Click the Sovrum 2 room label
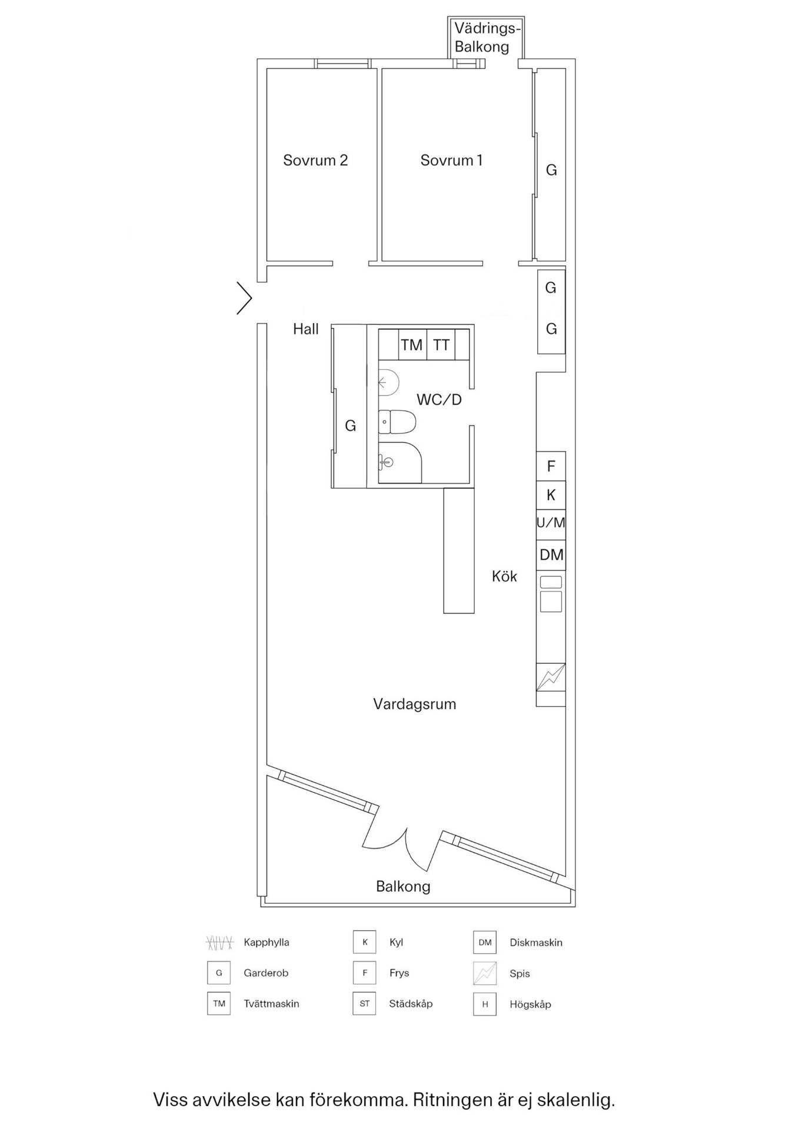tap(315, 160)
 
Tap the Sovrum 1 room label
tap(451, 160)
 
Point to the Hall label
tap(306, 329)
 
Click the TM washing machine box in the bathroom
tap(412, 345)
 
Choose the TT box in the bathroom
tap(441, 345)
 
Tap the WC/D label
tap(439, 400)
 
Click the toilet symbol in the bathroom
tap(397, 422)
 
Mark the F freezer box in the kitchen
tap(551, 466)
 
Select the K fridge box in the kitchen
tap(551, 495)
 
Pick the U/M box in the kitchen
tap(551, 523)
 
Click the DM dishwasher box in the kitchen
tap(551, 554)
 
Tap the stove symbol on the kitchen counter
tap(551, 677)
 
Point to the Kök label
tap(504, 576)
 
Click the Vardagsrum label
tap(415, 704)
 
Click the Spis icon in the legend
tap(485, 973)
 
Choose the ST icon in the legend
tap(364, 1004)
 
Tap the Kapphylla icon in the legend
tap(219, 943)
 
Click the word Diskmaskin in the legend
tap(536, 943)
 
